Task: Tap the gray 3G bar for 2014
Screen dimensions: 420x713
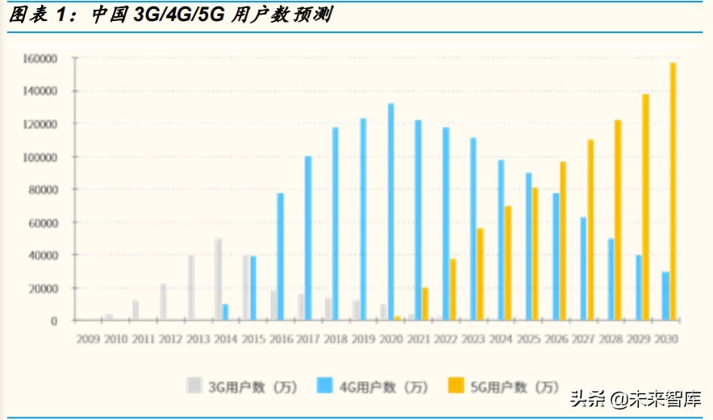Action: click(x=218, y=279)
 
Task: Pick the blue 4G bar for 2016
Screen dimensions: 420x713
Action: click(x=280, y=256)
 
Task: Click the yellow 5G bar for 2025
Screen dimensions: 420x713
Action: click(x=535, y=254)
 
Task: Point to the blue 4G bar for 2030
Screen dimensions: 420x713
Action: click(x=665, y=296)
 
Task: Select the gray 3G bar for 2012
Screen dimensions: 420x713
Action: click(x=163, y=301)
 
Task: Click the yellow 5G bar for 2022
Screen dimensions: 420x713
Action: click(x=452, y=289)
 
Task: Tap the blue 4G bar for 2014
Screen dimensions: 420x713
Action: click(x=225, y=312)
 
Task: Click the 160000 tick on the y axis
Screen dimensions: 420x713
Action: click(x=40, y=59)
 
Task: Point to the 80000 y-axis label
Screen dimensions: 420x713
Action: click(x=43, y=189)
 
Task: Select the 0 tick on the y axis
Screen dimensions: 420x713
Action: click(x=53, y=321)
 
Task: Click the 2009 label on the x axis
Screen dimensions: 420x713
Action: click(x=88, y=339)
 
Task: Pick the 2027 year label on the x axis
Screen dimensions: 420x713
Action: click(x=582, y=339)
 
